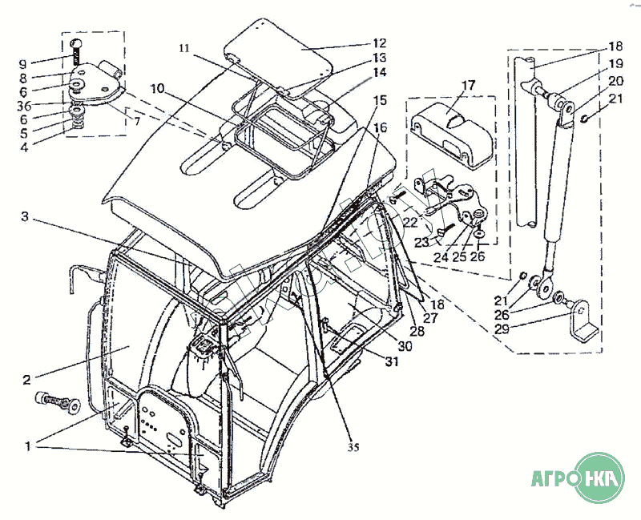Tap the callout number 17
468,85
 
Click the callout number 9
23,63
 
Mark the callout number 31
391,361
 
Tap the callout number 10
155,88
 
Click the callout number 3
26,216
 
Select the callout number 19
615,63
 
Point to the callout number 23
422,243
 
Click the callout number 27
431,319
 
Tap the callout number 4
23,147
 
